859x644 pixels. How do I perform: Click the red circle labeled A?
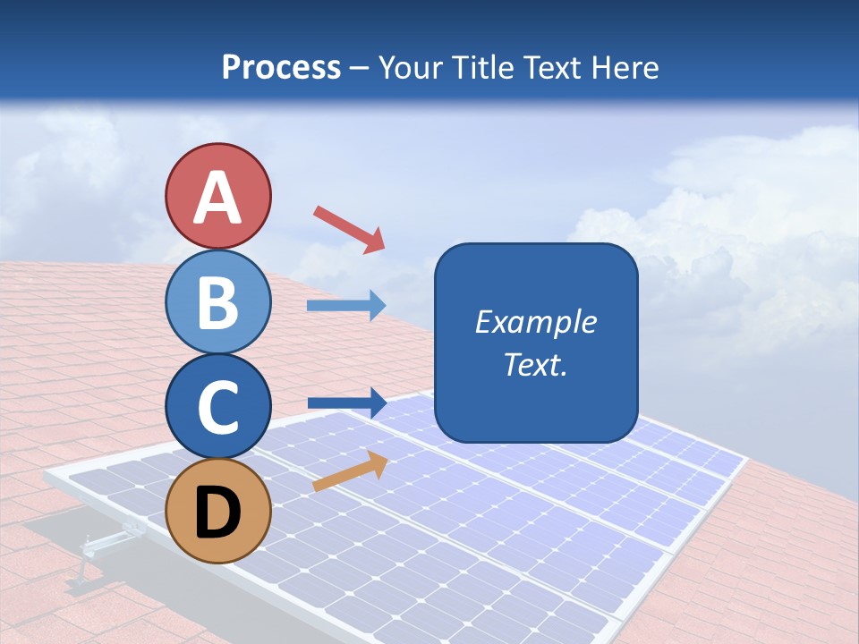coord(217,196)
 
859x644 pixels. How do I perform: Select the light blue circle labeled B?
coord(217,301)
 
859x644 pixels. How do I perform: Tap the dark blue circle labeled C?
coord(217,406)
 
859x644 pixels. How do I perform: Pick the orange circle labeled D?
coord(217,511)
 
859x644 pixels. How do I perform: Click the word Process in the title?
coord(281,67)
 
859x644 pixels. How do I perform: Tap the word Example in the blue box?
coord(535,322)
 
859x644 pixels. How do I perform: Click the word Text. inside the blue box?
coord(535,365)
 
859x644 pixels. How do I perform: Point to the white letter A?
coord(217,198)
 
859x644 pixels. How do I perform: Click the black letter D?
coord(217,513)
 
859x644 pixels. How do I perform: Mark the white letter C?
coord(217,407)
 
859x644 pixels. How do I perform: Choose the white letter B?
coord(217,302)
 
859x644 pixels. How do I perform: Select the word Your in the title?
coord(410,67)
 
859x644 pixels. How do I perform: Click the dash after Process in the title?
coord(360,69)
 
